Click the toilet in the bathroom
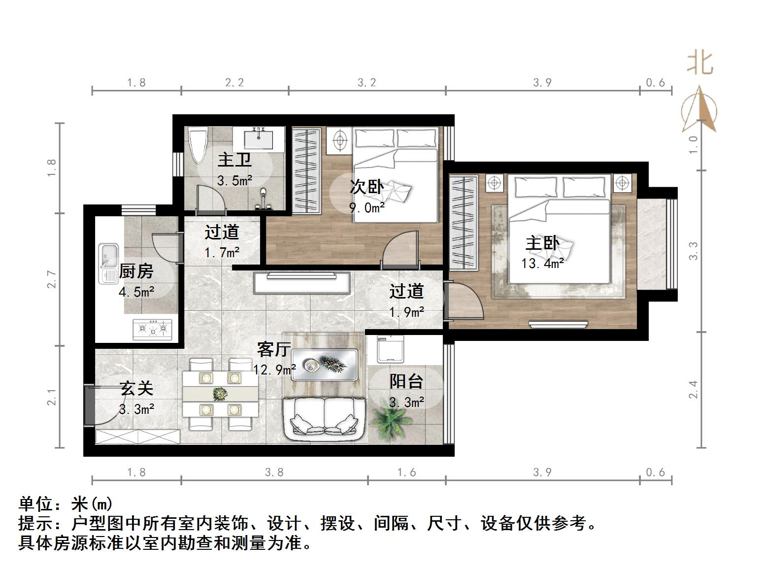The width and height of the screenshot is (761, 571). (199, 144)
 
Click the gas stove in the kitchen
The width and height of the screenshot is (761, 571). (153, 329)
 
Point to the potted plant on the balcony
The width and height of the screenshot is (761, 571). (392, 419)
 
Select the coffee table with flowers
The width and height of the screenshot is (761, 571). (325, 365)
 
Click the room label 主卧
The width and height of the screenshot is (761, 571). (542, 243)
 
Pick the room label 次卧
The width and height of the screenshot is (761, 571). (366, 187)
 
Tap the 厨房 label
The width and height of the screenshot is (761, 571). (136, 271)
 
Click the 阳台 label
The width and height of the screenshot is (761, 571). (406, 381)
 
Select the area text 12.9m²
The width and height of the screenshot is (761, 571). (274, 369)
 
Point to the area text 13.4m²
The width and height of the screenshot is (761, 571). (542, 264)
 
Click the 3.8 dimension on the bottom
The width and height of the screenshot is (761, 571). (274, 472)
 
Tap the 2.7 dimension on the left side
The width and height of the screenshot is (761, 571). (52, 279)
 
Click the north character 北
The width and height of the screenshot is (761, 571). (700, 64)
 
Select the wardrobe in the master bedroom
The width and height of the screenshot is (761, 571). (463, 222)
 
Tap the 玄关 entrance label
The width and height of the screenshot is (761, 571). (136, 388)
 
